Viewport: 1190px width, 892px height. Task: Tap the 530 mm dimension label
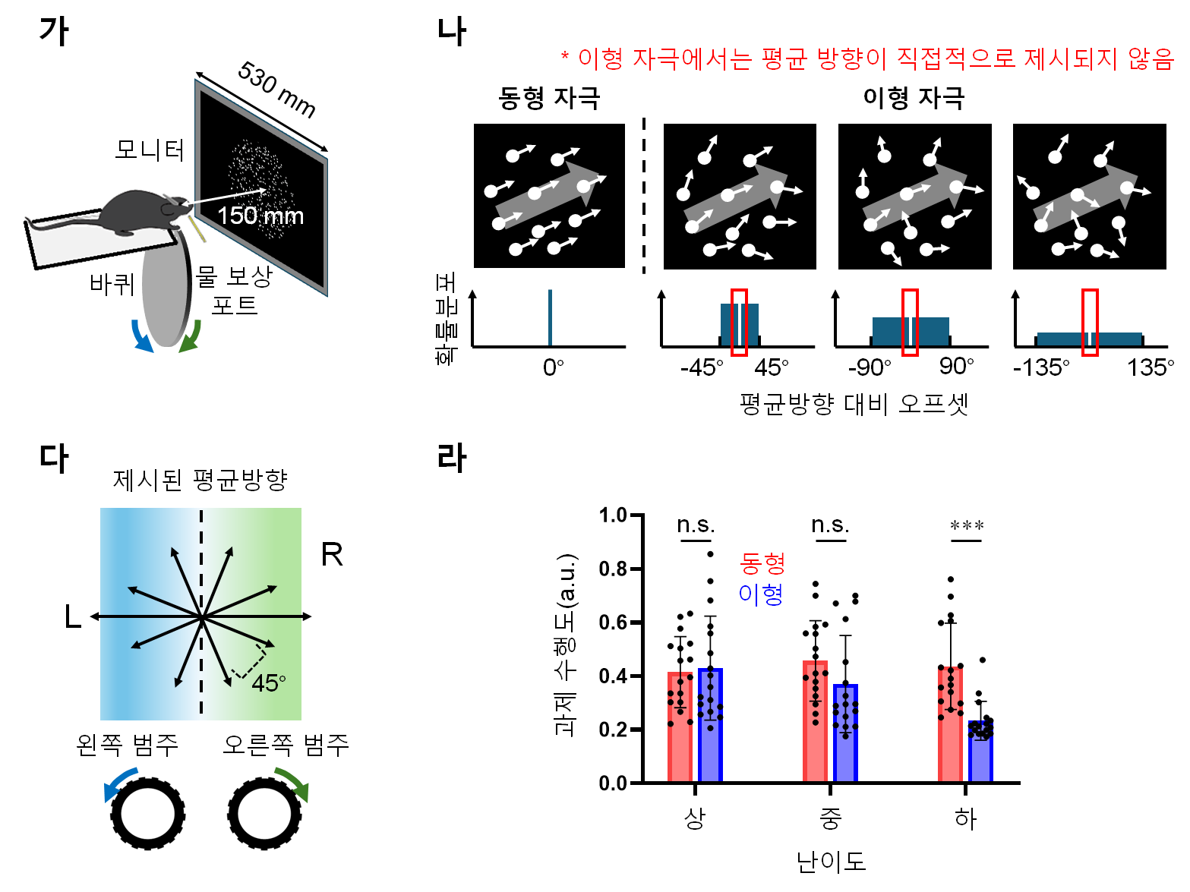point(276,90)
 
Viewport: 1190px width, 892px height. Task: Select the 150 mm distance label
point(260,216)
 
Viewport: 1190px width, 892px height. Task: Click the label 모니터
point(150,150)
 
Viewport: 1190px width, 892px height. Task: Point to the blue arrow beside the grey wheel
point(140,336)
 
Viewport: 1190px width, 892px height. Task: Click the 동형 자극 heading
point(549,98)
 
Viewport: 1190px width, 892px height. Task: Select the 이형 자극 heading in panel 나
point(914,98)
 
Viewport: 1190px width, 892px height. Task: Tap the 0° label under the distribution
point(553,368)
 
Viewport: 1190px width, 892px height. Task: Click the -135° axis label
point(1040,368)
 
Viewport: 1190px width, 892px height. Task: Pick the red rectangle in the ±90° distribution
point(910,322)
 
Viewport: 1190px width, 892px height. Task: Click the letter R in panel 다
point(332,555)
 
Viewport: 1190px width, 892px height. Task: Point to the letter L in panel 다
point(72,617)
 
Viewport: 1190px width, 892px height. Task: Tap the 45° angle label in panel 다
point(269,683)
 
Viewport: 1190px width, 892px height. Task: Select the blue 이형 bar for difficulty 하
point(980,752)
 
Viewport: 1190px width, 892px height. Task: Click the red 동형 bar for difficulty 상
point(680,727)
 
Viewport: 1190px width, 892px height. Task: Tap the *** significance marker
point(966,526)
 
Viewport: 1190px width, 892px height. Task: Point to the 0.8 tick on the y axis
point(614,569)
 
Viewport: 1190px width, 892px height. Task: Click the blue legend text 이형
point(761,594)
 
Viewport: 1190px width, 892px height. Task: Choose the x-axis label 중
point(830,818)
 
